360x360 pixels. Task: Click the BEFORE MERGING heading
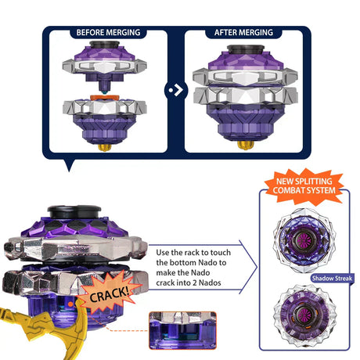108,32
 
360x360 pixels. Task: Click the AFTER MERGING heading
243,32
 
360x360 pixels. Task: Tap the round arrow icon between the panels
176,90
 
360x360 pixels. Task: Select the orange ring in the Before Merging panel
105,97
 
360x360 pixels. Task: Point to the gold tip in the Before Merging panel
105,147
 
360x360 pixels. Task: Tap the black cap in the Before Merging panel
104,45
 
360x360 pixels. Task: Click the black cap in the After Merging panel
246,49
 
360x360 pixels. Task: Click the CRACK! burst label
109,293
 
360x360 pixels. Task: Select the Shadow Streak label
332,279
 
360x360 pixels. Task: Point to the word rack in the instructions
192,253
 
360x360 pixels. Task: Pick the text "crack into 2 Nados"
189,283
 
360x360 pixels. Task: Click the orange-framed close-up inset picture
182,330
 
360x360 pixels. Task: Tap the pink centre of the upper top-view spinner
303,239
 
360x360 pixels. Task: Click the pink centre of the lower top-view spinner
304,315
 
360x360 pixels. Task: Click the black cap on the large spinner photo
74,211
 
